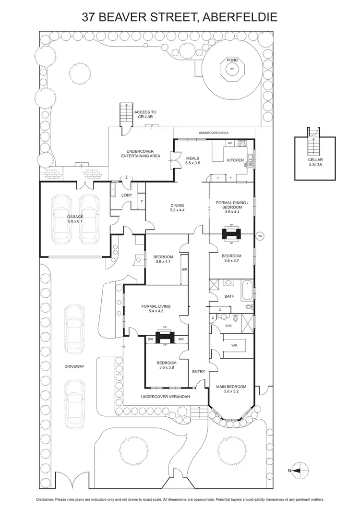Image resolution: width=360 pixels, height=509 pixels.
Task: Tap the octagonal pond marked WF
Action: coord(232,69)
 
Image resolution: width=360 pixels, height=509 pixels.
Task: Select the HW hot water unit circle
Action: coord(260,236)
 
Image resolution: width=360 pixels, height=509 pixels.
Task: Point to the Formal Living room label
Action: coord(156,309)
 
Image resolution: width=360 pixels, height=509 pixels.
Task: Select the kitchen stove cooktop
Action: coord(242,143)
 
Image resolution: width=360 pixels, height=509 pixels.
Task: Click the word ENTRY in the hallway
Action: coord(198,372)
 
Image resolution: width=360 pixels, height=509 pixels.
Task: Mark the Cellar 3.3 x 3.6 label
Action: coord(315,162)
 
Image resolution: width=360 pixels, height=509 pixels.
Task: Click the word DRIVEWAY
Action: coord(74,366)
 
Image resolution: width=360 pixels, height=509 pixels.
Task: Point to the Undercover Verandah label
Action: coord(166,397)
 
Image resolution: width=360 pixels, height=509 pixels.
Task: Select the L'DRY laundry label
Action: coord(127,195)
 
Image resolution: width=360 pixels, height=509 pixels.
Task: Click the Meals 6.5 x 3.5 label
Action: coord(192,161)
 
